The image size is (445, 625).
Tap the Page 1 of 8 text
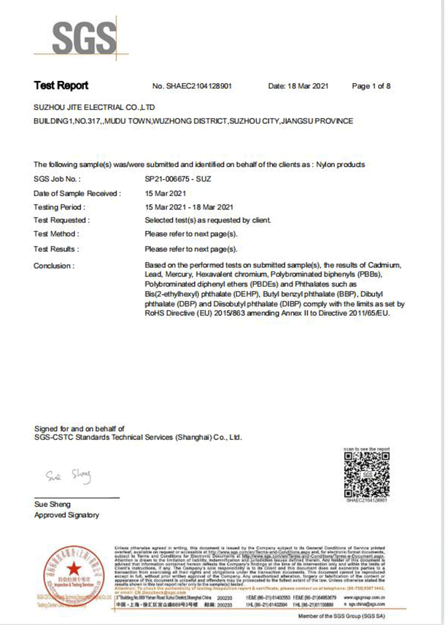point(371,86)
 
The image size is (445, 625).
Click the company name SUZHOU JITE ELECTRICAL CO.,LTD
point(95,106)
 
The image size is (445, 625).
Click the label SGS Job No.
point(58,178)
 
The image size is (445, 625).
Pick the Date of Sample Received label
point(77,193)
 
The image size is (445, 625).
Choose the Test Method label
point(57,234)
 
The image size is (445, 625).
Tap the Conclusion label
point(54,265)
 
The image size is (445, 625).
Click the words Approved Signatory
point(66,515)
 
